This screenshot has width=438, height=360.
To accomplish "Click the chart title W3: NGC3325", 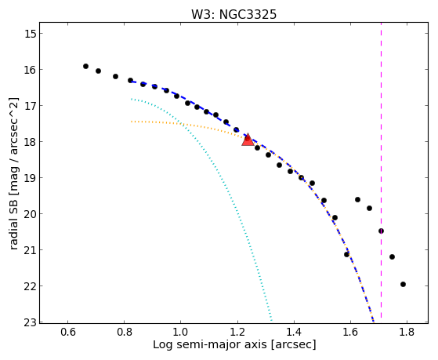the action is (x=233, y=14).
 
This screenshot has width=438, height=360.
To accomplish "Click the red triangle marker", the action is (x=248, y=140).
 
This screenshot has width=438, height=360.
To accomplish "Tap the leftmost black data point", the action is (x=85, y=67).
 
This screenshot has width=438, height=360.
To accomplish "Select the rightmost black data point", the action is (x=403, y=284).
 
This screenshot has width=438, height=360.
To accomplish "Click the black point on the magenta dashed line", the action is (x=381, y=231).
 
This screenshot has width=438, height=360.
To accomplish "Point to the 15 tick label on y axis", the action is (x=29, y=34).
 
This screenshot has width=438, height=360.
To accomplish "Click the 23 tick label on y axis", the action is (x=29, y=322).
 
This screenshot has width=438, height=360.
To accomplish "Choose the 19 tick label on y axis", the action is (x=29, y=178).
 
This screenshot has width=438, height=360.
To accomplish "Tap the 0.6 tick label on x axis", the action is (x=67, y=332).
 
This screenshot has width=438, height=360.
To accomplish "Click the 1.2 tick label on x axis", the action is (x=237, y=332).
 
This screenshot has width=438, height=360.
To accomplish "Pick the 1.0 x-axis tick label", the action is (x=180, y=332).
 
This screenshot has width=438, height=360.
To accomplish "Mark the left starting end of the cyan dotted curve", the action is (x=131, y=99).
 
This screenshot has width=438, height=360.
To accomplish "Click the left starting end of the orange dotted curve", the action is (x=131, y=122).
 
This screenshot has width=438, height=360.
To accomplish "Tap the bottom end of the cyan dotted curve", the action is (x=271, y=320).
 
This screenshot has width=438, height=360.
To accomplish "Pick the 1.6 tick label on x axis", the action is (x=350, y=332).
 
